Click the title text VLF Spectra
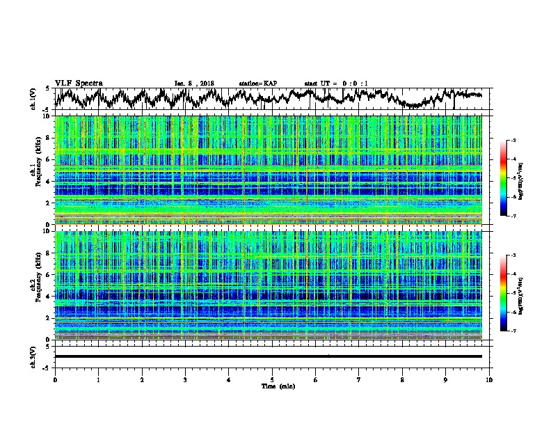pyautogui.click(x=79, y=84)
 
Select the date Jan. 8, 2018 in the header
pyautogui.click(x=194, y=84)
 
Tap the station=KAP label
pyautogui.click(x=257, y=84)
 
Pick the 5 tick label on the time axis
pyautogui.click(x=272, y=379)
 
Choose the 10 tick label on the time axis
pyautogui.click(x=489, y=379)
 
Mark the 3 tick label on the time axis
pyautogui.click(x=185, y=379)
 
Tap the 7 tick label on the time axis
pyautogui.click(x=359, y=379)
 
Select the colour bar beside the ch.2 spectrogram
pyautogui.click(x=503, y=292)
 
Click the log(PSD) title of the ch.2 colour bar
pyautogui.click(x=521, y=292)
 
